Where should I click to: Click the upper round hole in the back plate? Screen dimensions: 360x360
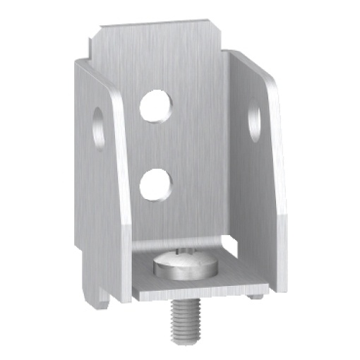click(x=156, y=106)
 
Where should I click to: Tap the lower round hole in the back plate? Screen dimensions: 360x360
click(x=156, y=185)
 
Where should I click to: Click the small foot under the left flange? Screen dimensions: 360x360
click(x=103, y=301)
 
